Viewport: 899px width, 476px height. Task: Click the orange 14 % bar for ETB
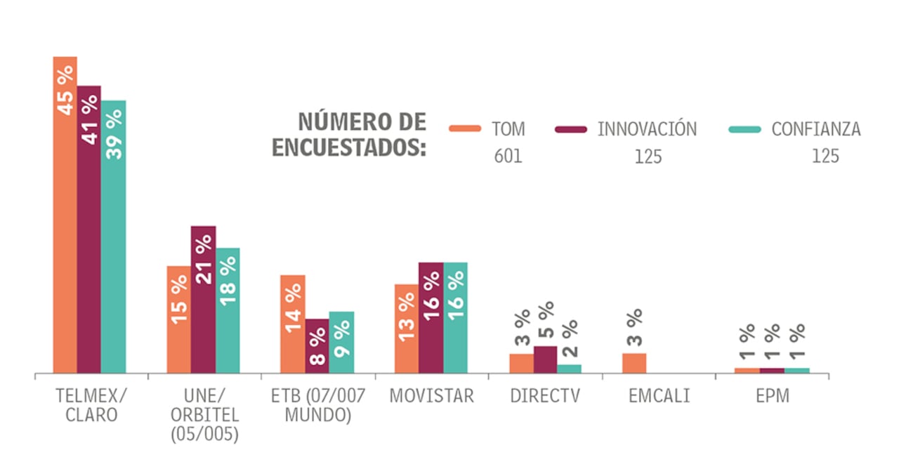tap(292, 324)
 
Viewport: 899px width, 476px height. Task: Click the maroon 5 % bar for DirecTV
tap(545, 359)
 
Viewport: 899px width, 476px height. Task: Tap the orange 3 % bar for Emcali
tap(634, 363)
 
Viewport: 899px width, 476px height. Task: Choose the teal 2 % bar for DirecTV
tap(569, 369)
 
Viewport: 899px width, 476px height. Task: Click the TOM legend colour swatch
tap(464, 129)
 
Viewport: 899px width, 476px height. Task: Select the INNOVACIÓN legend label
tap(647, 129)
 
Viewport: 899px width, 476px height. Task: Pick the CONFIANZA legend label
tap(815, 129)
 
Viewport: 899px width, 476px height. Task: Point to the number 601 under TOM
tap(508, 156)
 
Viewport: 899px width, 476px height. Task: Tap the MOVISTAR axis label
tap(431, 396)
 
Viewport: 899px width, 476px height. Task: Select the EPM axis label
tap(773, 396)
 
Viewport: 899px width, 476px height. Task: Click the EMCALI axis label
tap(659, 396)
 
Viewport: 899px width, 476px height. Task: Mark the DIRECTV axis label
tap(545, 396)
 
